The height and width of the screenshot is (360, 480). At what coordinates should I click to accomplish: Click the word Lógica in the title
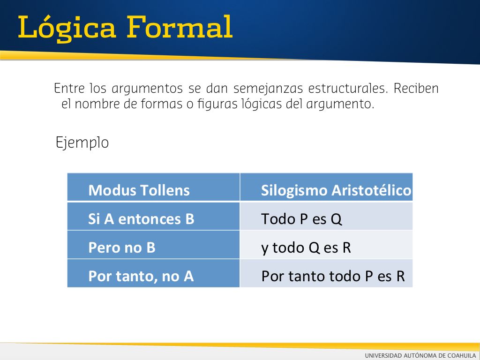click(67, 28)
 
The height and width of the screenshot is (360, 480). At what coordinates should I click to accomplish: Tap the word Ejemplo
click(82, 143)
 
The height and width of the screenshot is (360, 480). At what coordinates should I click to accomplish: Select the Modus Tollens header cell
click(153, 187)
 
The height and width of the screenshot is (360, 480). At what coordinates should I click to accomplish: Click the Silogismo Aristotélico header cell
click(326, 187)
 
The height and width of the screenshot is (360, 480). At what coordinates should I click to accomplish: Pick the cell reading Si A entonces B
click(153, 216)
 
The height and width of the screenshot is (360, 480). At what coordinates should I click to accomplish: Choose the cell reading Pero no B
click(153, 245)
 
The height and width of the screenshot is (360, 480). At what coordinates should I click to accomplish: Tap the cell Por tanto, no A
click(153, 273)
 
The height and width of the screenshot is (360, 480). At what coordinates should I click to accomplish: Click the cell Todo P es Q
click(326, 216)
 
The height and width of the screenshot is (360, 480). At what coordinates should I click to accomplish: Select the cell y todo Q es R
click(326, 245)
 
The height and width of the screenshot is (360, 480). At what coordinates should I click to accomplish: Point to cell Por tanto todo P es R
click(326, 273)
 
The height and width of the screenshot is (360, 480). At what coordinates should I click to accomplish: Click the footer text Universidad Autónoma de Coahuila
click(420, 355)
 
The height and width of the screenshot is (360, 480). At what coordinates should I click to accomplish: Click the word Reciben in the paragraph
click(416, 89)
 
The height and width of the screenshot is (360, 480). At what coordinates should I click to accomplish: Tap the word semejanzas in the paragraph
click(268, 89)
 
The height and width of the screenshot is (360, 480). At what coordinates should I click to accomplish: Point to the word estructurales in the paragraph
click(348, 89)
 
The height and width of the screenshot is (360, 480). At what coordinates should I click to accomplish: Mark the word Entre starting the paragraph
click(69, 89)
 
